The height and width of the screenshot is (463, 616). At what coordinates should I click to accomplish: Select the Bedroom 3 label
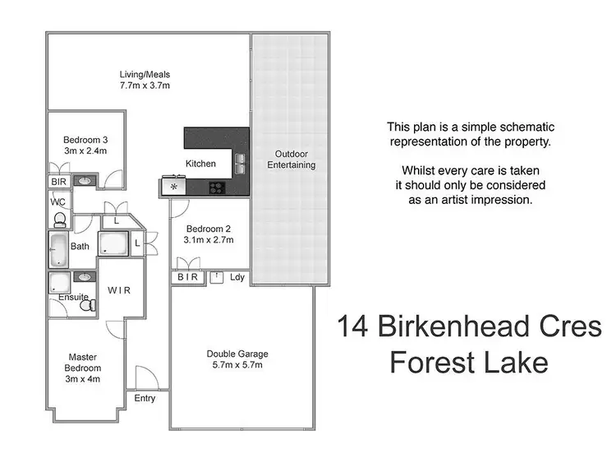[86, 139]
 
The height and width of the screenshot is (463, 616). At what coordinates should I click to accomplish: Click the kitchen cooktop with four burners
[218, 187]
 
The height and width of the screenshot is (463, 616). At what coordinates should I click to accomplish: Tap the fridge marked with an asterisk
[173, 188]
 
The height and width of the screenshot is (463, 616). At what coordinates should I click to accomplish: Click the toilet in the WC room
[60, 220]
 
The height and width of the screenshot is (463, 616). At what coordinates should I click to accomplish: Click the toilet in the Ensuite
[88, 304]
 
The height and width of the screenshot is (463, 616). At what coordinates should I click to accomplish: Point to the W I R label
[120, 290]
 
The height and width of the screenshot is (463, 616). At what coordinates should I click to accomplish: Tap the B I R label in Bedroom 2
[188, 278]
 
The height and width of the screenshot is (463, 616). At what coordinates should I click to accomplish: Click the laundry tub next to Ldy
[216, 277]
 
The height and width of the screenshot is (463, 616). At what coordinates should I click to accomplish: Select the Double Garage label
[237, 354]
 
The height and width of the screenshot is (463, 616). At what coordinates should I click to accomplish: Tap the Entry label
[145, 398]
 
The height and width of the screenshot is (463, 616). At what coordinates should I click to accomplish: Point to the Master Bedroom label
[82, 363]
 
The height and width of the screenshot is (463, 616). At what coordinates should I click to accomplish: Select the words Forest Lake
[468, 361]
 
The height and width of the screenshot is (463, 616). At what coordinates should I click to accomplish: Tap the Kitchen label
[200, 164]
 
